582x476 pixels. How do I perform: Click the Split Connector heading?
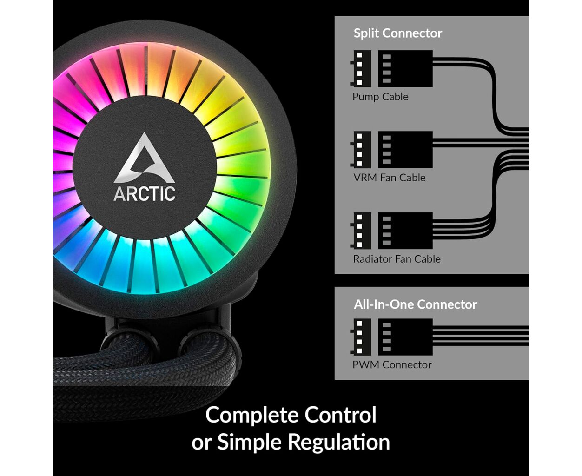tap(397, 33)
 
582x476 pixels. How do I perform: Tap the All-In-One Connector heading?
tap(415, 304)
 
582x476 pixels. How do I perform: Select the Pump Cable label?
tap(380, 97)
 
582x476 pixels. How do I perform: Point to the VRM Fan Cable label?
tap(389, 178)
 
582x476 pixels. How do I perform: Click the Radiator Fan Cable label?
tap(397, 259)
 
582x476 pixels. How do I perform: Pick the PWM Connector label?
tap(392, 365)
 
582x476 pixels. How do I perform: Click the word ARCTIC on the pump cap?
tap(144, 194)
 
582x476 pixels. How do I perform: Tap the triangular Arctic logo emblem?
tap(144, 158)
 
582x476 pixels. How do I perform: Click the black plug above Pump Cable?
tap(405, 68)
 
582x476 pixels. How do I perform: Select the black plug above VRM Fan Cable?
tap(405, 150)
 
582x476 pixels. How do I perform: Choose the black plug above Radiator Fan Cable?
tap(405, 231)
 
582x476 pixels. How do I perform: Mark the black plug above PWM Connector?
tap(405, 337)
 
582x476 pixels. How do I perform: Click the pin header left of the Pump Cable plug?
tap(361, 68)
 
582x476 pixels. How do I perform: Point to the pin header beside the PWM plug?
tap(361, 337)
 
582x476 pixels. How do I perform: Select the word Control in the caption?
tap(341, 415)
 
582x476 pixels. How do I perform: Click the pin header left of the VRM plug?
tap(361, 150)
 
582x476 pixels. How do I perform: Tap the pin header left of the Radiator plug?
tap(361, 231)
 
